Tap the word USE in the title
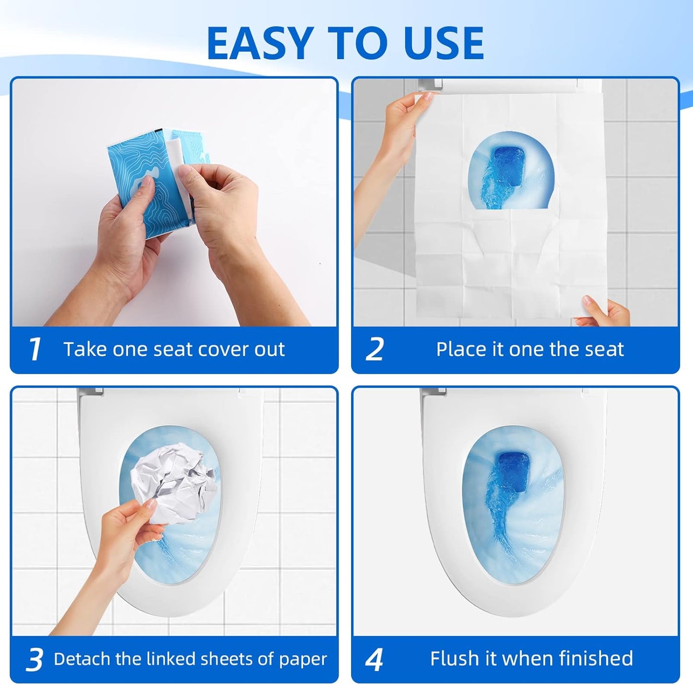(443, 43)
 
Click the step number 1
(35, 349)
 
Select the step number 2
(375, 349)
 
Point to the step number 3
(35, 660)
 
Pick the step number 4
(374, 660)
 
